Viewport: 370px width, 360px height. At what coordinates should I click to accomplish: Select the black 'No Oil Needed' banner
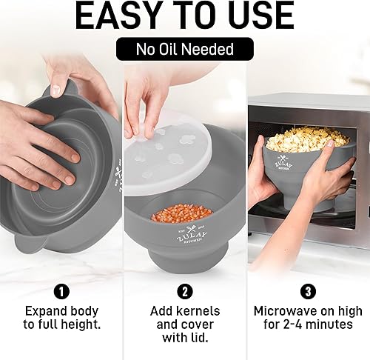(184, 50)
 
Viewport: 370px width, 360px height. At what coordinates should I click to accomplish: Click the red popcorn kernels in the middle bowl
(182, 214)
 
